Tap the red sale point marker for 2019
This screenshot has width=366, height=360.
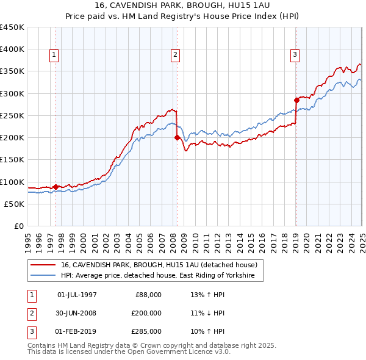point(296,99)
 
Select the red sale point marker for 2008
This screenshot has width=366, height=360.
point(177,137)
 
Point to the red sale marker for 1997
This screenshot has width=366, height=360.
point(56,187)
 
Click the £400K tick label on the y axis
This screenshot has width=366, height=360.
point(12,49)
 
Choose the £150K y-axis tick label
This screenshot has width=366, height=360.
point(12,160)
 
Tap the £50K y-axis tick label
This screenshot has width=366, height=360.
point(14,204)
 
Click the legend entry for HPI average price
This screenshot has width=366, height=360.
point(161,276)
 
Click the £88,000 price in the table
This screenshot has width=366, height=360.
point(148,295)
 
